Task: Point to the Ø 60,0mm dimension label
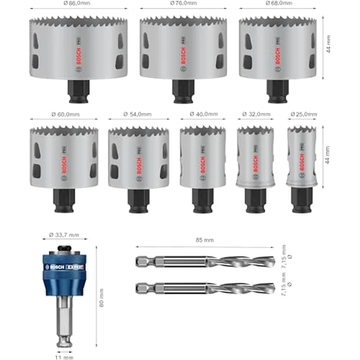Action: (x=66, y=114)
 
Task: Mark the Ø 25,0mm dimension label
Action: (x=303, y=114)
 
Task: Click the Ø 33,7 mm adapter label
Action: (x=64, y=235)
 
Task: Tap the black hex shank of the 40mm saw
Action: (x=202, y=201)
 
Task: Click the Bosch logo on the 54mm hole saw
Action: (x=139, y=165)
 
